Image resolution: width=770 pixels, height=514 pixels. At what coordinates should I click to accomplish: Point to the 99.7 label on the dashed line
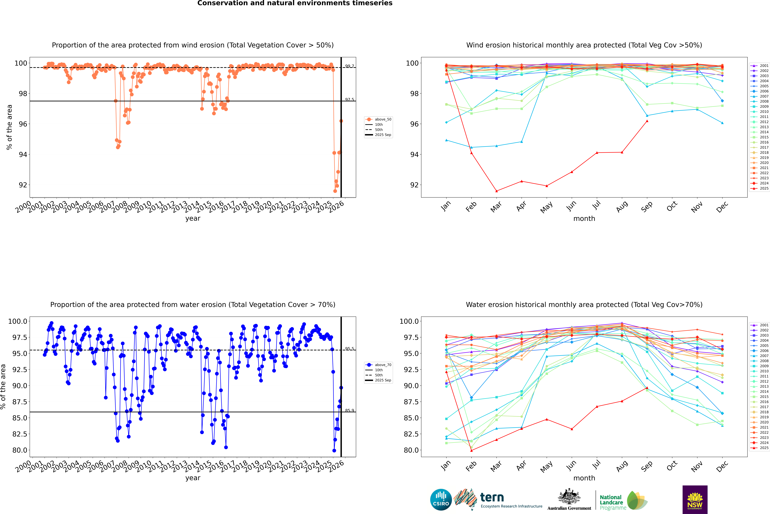(349, 66)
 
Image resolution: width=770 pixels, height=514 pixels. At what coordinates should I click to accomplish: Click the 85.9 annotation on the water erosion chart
(349, 410)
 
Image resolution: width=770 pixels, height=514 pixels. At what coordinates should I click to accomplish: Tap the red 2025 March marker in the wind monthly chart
(496, 191)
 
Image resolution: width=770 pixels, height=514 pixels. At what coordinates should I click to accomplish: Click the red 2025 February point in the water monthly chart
(471, 450)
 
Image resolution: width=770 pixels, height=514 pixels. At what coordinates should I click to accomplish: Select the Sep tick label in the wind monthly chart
(647, 207)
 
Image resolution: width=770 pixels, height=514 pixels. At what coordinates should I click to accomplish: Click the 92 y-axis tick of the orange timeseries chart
(23, 185)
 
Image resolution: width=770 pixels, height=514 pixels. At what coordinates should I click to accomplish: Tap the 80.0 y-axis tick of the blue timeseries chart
(20, 450)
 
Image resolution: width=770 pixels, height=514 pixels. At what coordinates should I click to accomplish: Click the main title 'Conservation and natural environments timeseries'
(295, 3)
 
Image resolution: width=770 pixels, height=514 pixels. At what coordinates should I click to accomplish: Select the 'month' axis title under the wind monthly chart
(584, 219)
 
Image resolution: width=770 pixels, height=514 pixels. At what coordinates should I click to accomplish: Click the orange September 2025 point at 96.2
(341, 121)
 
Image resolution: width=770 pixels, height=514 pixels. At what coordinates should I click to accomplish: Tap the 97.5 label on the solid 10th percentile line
(349, 100)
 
